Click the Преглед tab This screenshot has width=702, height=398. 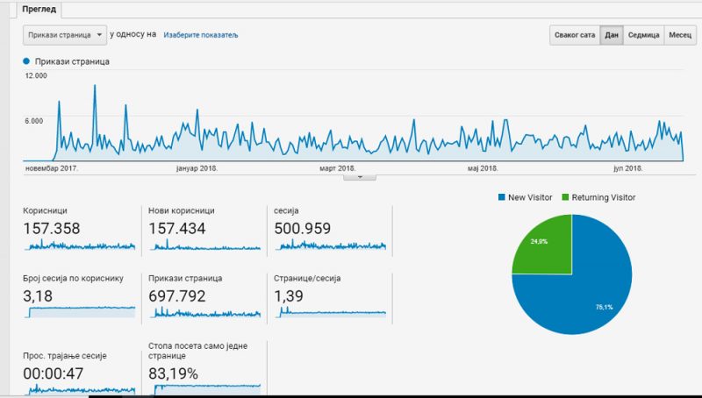point(40,9)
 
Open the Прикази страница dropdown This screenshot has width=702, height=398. point(63,35)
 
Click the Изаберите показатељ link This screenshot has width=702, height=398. point(200,35)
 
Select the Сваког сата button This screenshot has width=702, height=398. point(575,36)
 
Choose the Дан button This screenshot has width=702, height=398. point(612,36)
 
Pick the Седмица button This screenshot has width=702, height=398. point(643,36)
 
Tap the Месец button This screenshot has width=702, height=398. point(680,36)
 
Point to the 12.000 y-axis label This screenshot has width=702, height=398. point(36,76)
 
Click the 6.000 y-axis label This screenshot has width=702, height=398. point(33,121)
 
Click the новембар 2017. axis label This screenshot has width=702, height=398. point(52,168)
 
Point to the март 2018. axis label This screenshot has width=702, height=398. point(337,168)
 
